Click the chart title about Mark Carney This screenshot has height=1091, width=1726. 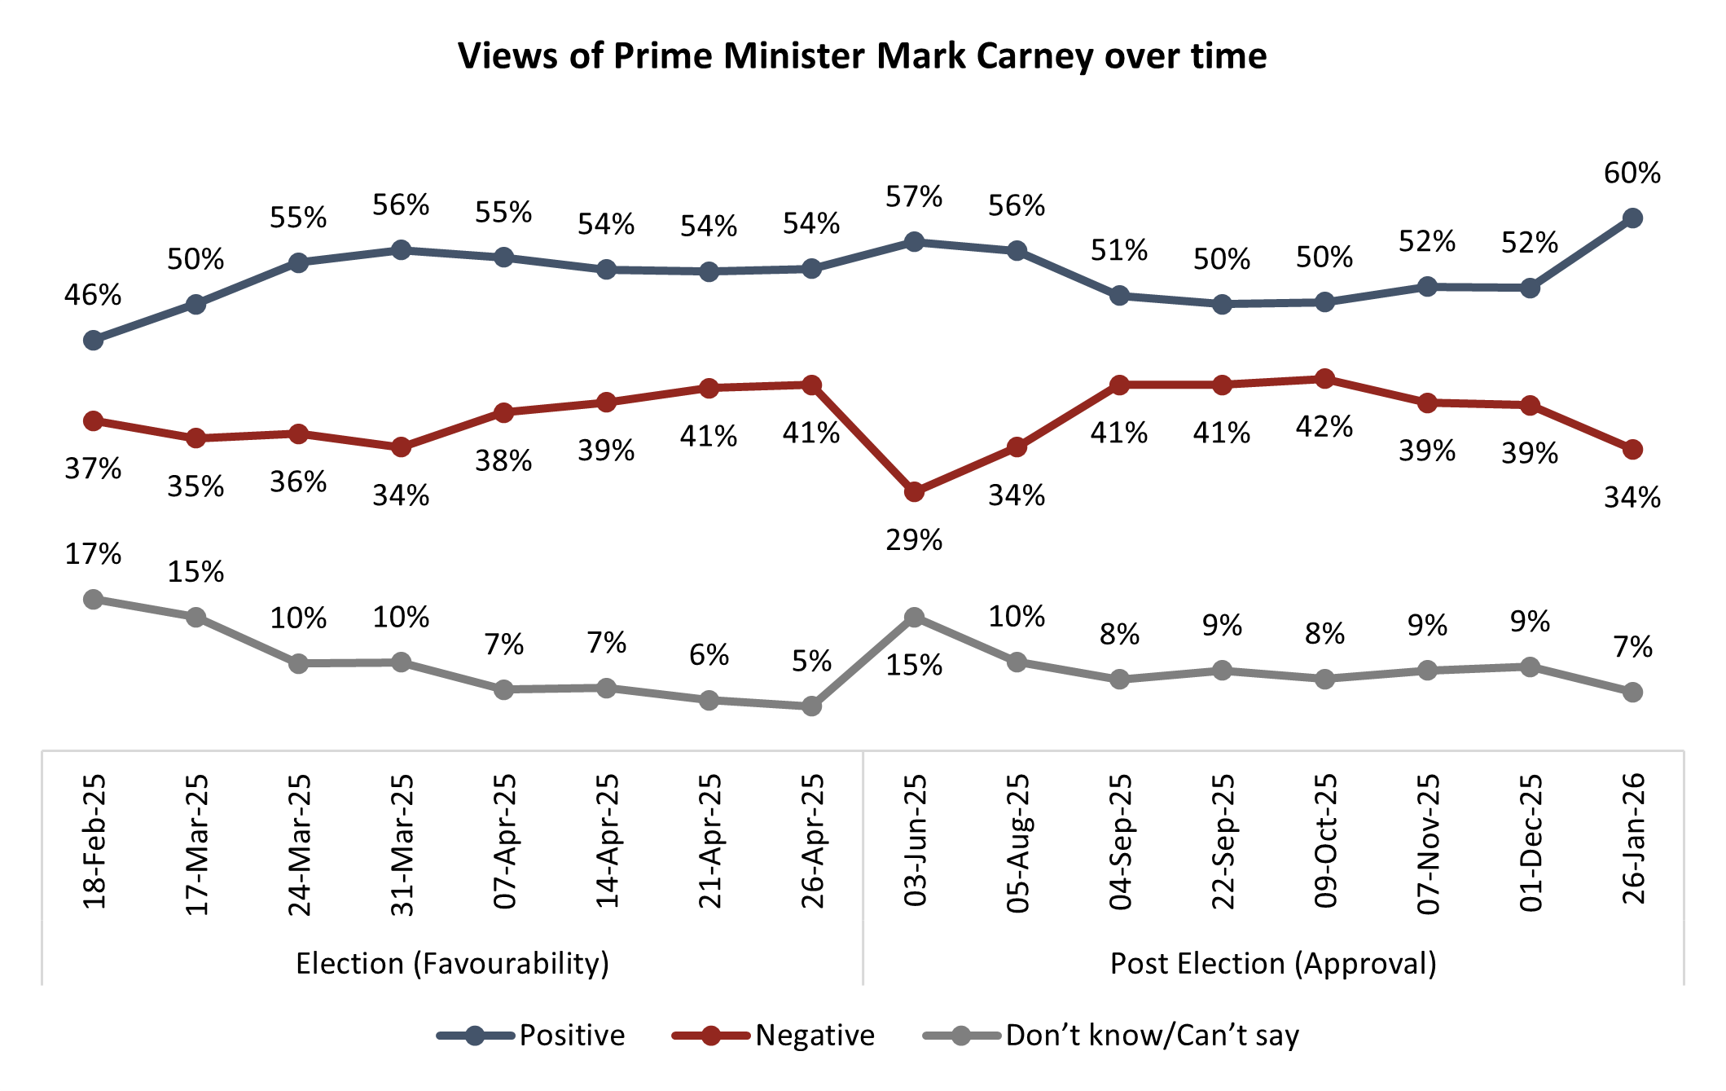click(x=862, y=56)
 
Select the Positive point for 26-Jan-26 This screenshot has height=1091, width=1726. click(x=1632, y=218)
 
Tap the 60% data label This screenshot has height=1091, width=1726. click(x=1632, y=173)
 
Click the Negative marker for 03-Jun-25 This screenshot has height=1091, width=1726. click(x=914, y=492)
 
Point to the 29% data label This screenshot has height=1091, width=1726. click(x=914, y=539)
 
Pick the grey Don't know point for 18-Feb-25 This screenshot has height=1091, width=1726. click(x=94, y=600)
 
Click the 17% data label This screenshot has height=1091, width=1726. click(x=94, y=554)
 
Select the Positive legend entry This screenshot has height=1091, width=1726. click(x=572, y=1036)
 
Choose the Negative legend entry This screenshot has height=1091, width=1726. click(x=815, y=1036)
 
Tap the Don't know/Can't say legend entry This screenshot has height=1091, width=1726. click(x=1152, y=1036)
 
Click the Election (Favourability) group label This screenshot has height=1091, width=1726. click(x=452, y=964)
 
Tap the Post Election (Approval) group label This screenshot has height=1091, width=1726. click(x=1273, y=964)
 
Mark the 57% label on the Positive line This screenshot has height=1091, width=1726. click(x=914, y=196)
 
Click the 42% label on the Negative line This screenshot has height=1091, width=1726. click(x=1324, y=426)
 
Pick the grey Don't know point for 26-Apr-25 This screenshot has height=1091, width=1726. click(x=811, y=706)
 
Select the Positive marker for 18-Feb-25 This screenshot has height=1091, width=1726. click(x=94, y=340)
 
